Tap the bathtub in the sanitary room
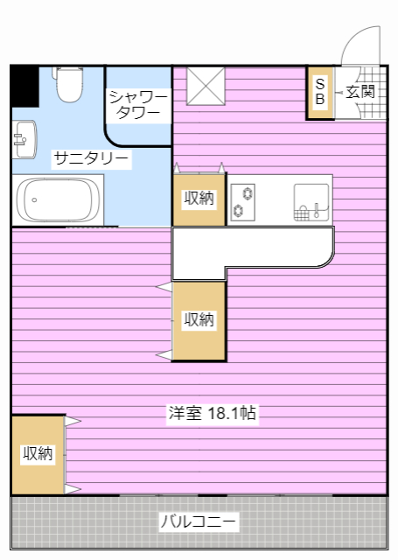[x=58, y=199]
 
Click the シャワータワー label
[x=138, y=104]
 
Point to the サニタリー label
[x=91, y=158]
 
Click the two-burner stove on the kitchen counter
[x=242, y=201]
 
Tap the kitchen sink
[x=311, y=201]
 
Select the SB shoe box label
[x=319, y=92]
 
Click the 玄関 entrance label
[x=360, y=91]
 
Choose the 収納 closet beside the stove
[x=199, y=199]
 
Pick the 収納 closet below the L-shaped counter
[x=199, y=320]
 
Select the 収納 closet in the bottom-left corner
[x=38, y=453]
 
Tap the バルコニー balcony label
[x=198, y=522]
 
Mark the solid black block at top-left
[x=24, y=85]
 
